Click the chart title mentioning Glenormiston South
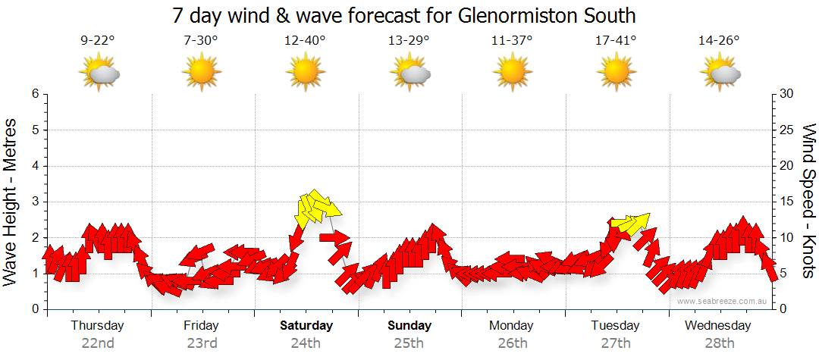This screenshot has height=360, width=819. [403, 15]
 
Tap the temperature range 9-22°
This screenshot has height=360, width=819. [98, 41]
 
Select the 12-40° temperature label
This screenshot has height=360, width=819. [305, 41]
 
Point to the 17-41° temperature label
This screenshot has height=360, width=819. [616, 41]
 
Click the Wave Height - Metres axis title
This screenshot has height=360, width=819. [12, 202]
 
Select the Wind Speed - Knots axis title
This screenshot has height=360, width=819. [807, 202]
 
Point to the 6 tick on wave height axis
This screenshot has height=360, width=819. [35, 94]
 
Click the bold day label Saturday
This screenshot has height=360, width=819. [306, 326]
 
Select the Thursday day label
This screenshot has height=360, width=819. [98, 326]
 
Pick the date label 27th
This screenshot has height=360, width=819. [616, 343]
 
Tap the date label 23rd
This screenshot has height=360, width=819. [202, 343]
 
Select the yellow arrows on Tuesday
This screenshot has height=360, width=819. [630, 224]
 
